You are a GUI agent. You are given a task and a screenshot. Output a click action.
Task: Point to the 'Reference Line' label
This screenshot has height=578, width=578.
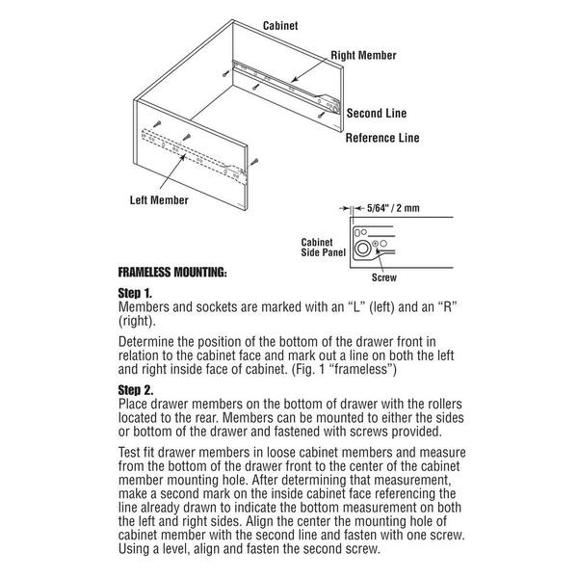tap(382, 138)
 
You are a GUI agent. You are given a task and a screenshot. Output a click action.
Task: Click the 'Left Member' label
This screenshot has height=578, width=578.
tap(159, 200)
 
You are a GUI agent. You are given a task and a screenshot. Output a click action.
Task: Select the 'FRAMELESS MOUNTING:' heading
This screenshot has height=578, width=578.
tap(172, 272)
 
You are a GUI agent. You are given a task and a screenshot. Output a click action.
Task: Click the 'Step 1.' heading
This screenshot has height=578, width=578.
tap(135, 292)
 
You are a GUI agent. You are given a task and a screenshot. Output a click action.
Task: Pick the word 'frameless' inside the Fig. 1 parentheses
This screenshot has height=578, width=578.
tap(354, 370)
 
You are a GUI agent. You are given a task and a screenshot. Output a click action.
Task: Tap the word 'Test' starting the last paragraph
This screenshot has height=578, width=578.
tap(131, 456)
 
